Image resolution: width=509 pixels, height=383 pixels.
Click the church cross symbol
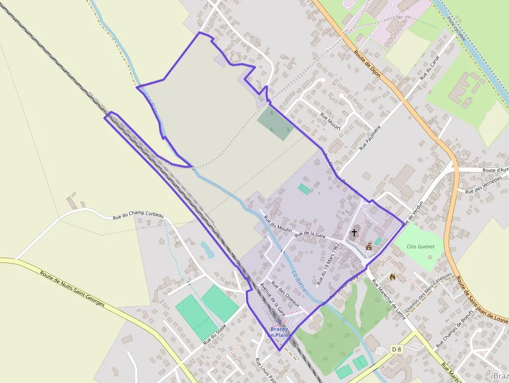tap(354, 232)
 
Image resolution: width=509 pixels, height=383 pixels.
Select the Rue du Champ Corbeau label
tap(138, 216)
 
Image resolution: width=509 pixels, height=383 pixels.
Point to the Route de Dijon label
tap(367, 64)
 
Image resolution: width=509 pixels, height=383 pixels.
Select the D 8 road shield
tap(396, 349)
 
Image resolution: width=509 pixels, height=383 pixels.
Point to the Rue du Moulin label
tap(279, 224)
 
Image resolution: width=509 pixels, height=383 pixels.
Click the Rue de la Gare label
tap(310, 235)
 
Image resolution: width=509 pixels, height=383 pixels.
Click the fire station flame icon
tap(393, 278)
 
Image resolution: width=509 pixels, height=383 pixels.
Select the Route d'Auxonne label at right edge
tap(495, 170)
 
